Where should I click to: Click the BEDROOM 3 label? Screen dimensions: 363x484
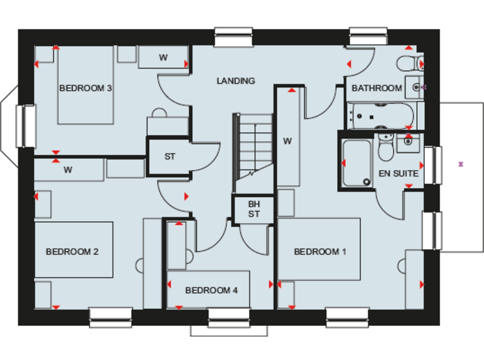coord(86,88)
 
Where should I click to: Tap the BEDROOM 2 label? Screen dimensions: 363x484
coord(72,252)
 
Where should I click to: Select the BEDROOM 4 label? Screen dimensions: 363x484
coord(211,291)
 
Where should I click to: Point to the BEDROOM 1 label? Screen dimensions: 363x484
coord(320,252)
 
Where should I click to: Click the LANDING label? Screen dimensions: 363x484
coord(236,81)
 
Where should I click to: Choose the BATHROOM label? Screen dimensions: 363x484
coord(376,88)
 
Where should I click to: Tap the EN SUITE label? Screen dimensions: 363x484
coord(398,173)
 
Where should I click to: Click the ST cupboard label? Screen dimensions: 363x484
coord(170,156)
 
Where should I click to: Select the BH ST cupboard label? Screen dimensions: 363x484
coord(253,209)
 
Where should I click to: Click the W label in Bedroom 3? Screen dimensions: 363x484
coord(163,58)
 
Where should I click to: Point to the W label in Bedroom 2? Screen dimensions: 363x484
coord(68,170)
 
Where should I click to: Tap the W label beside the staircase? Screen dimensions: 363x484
coord(287,141)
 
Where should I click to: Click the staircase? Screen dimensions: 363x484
coord(254,151)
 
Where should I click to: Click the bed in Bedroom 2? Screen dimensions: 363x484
coord(74,250)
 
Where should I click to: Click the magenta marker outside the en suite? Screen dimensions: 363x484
coord(461,164)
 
